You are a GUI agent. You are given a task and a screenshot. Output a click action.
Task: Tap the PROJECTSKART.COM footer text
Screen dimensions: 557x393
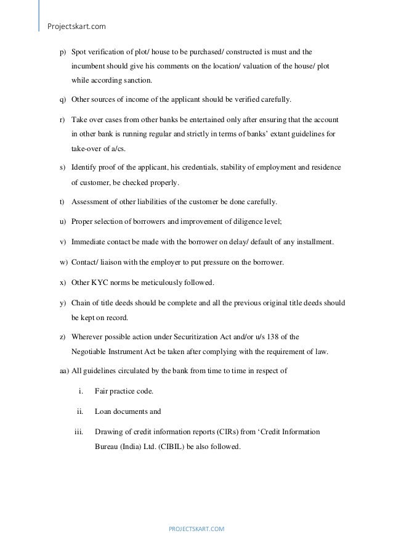point(197,529)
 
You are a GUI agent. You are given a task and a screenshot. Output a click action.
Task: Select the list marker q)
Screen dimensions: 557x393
point(62,100)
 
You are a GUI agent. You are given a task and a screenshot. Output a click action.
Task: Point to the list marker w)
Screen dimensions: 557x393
point(63,262)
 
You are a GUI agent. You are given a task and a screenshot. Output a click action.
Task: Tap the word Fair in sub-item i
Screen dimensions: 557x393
point(102,391)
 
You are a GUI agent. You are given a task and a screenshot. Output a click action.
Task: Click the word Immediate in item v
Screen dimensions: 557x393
point(91,242)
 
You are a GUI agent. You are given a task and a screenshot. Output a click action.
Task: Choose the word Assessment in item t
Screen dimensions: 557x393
point(92,202)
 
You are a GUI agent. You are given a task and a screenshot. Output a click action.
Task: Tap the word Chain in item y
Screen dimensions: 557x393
point(81,303)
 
